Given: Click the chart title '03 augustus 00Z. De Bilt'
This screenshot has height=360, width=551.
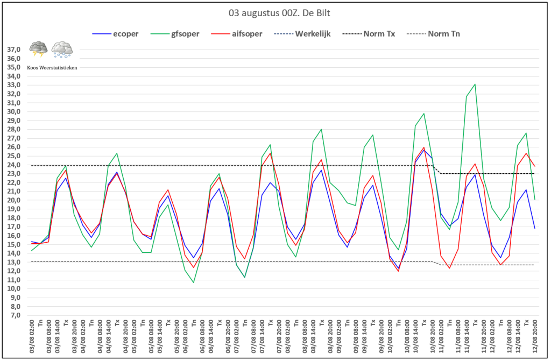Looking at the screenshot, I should pos(275,12).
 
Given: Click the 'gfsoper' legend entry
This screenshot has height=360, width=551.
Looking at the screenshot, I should pos(185,33).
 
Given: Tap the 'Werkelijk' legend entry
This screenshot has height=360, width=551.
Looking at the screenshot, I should pos(312,33).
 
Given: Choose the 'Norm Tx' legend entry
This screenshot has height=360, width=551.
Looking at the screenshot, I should pos(379,33).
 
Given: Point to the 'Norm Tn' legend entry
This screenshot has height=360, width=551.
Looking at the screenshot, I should pos(444,33).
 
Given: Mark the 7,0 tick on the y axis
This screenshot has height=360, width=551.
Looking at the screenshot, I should pos(15,315).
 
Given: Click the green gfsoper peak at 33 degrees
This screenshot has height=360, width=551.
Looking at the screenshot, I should pos(475,84).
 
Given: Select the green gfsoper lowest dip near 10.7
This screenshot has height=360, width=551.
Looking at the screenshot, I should pos(194,283).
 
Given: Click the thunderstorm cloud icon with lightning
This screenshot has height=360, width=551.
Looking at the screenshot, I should pos(39,50).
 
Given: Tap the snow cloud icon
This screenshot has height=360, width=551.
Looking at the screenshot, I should pos(62,50).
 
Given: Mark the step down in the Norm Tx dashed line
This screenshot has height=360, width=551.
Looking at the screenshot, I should pos(437,170).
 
